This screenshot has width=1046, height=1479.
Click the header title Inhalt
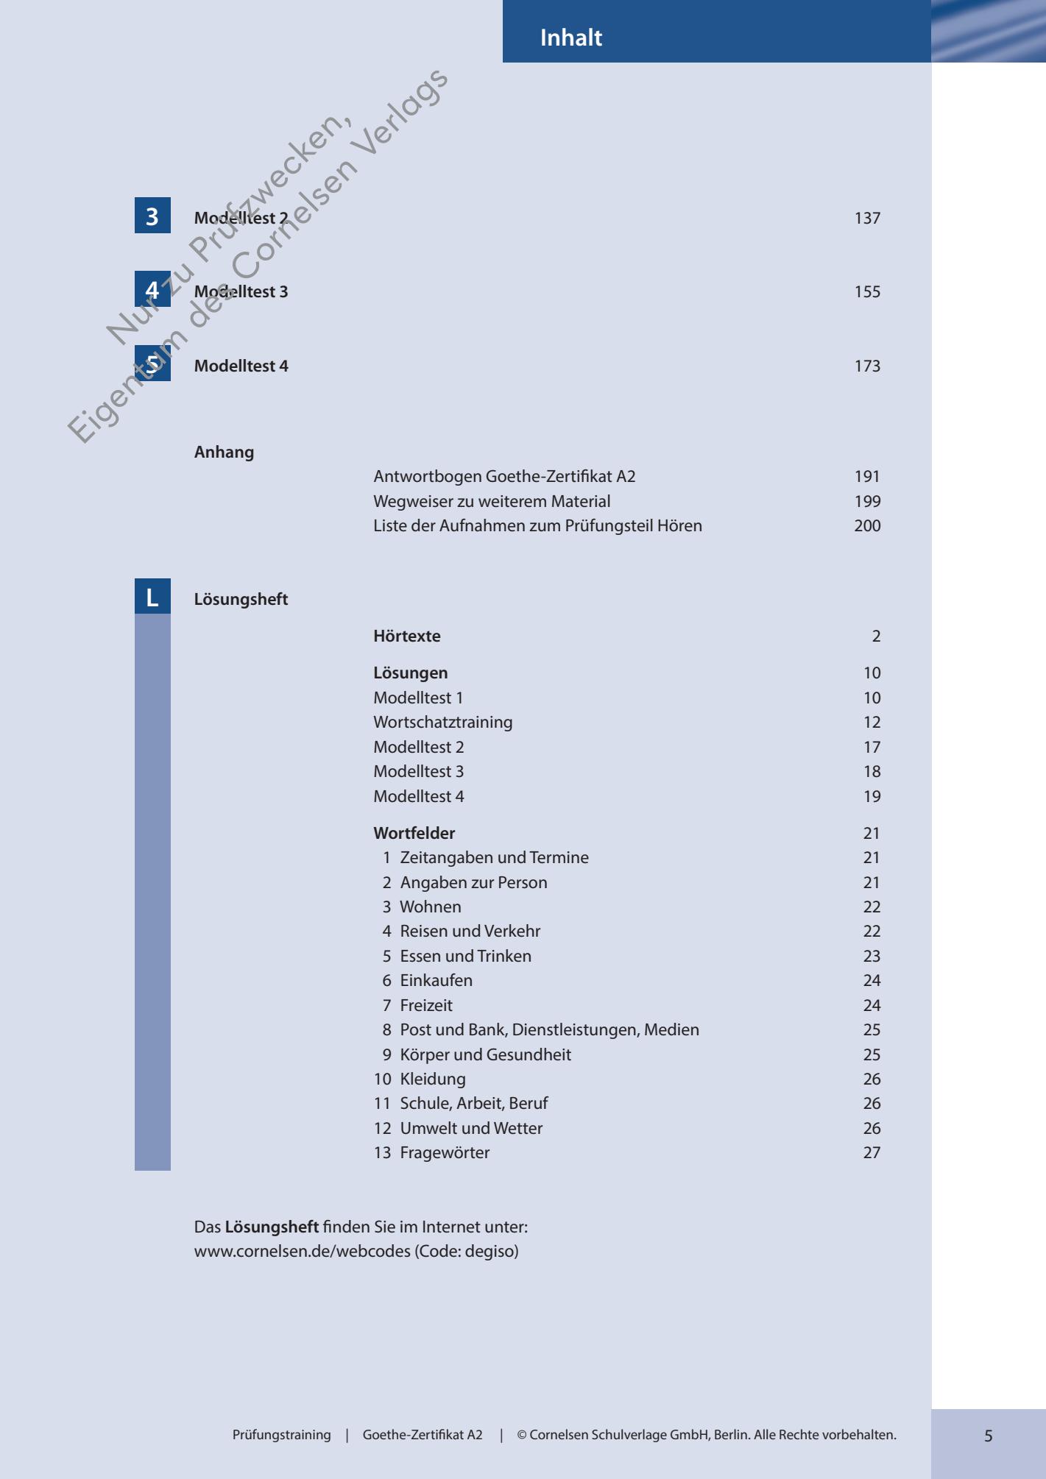570,38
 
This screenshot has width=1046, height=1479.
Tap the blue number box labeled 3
152,216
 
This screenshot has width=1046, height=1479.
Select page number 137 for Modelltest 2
867,219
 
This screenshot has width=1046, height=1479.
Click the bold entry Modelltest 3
241,292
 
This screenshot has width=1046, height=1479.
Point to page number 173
867,366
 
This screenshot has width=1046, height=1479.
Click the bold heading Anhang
224,453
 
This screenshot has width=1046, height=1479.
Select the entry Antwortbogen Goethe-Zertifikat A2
504,477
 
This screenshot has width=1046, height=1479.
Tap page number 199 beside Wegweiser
867,502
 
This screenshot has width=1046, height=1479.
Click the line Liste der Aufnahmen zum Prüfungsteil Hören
537,526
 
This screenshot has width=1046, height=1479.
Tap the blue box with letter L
152,597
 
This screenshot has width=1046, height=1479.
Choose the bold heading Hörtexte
406,636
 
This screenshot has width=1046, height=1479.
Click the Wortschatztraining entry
442,723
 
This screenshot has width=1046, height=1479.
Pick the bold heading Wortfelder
414,834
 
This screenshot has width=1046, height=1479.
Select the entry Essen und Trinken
465,957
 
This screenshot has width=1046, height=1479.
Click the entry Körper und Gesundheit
485,1055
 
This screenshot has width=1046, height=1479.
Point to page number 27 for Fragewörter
872,1153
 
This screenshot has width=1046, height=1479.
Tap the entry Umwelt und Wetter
471,1129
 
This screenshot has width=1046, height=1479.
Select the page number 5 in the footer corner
988,1436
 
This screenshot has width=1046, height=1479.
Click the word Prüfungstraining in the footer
281,1435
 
